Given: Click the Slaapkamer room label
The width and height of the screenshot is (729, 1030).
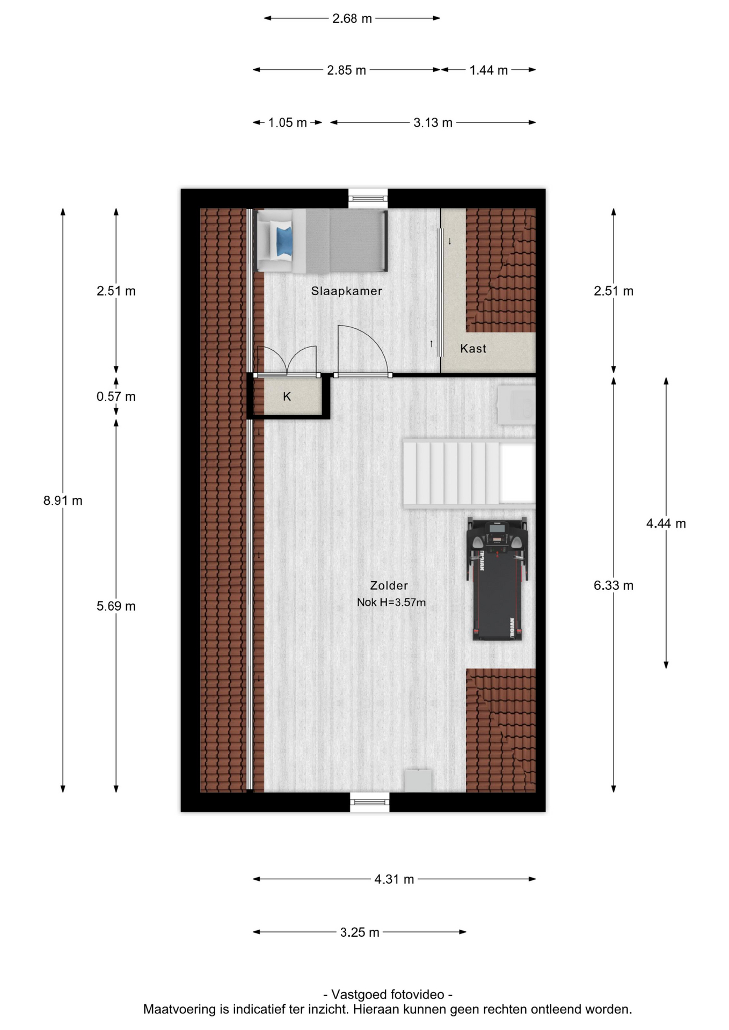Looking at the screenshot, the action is click(x=346, y=291).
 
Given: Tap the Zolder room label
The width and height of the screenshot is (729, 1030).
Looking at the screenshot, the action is click(x=389, y=585).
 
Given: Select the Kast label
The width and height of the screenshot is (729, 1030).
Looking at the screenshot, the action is click(x=473, y=348).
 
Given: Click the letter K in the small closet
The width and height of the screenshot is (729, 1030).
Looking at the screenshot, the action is click(x=287, y=396).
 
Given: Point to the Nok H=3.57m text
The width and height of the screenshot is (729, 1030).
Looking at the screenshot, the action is click(x=391, y=602).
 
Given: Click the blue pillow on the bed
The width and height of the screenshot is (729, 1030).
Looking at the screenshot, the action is click(x=284, y=241).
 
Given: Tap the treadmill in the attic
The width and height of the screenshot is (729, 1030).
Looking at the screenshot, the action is click(x=497, y=579).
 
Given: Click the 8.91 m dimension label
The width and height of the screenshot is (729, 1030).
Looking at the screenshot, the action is click(x=63, y=501).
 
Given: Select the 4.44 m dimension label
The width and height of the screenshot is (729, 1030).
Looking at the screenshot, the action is click(x=666, y=523).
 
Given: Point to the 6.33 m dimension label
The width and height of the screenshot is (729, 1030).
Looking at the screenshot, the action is click(x=613, y=585).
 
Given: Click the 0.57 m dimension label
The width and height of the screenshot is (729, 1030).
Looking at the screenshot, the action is click(x=116, y=396).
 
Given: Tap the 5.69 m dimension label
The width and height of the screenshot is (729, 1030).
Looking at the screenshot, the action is click(x=116, y=606).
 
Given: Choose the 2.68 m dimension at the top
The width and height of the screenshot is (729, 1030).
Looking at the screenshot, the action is click(x=352, y=18).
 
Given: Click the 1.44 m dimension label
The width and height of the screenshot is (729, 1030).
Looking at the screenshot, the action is click(x=489, y=70).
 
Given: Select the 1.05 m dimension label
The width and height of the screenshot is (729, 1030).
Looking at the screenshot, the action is click(x=288, y=123).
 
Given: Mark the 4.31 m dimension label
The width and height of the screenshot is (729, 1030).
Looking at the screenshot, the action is click(x=394, y=879).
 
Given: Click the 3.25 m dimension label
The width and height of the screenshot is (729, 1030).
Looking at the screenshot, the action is click(x=360, y=932).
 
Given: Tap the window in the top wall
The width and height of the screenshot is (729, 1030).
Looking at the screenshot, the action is click(x=368, y=198).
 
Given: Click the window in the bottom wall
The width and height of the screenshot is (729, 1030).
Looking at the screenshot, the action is click(x=369, y=802).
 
